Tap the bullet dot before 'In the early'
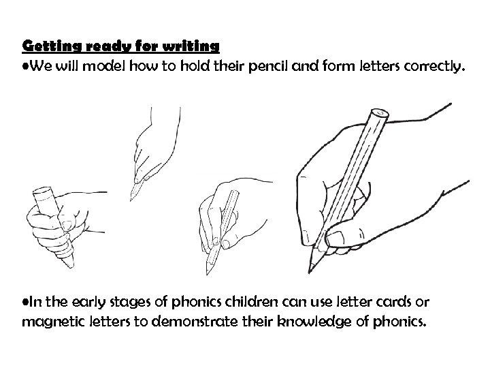click(x=26, y=301)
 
